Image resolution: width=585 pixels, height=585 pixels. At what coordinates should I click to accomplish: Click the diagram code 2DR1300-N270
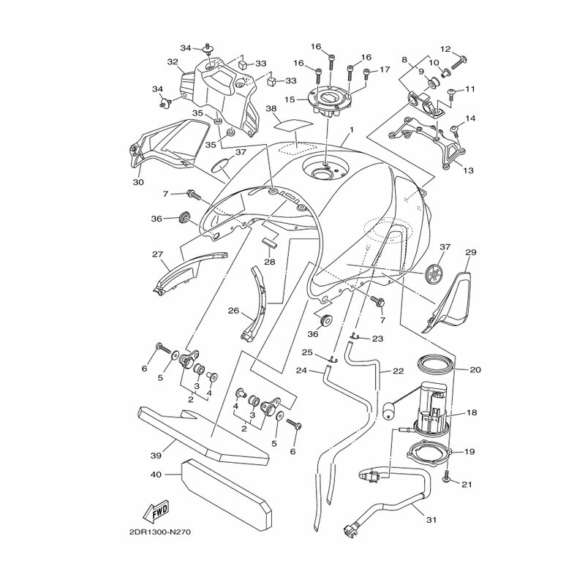click(159, 532)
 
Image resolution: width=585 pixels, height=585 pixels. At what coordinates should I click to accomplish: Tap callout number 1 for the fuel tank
click(352, 130)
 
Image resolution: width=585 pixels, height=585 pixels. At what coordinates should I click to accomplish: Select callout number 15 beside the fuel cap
click(290, 99)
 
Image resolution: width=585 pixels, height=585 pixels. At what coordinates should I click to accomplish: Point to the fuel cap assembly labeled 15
click(328, 101)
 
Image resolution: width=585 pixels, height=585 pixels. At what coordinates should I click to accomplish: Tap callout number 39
click(156, 456)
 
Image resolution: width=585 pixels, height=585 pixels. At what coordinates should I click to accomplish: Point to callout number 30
click(138, 182)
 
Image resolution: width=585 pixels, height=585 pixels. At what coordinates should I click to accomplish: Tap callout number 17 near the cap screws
click(385, 69)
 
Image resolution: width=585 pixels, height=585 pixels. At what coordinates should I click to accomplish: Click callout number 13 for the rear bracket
click(468, 170)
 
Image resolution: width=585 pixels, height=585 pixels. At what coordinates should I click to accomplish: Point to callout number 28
click(269, 262)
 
